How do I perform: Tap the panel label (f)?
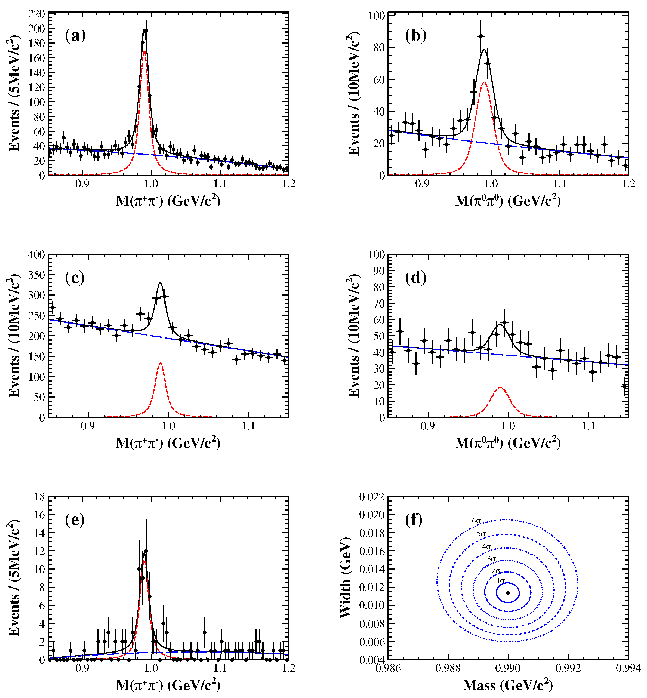pos(414,520)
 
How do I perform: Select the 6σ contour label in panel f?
pos(476,521)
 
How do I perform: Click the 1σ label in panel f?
pos(500,581)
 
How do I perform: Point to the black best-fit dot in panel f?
pos(508,593)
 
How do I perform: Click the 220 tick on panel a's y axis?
pos(36,14)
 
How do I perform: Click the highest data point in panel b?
pos(481,36)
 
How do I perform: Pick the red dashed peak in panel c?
pos(160,363)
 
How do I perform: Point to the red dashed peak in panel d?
pos(500,387)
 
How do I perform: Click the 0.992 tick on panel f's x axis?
pos(568,668)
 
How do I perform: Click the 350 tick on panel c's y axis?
pos(36,275)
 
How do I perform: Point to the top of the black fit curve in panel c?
pos(160,283)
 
